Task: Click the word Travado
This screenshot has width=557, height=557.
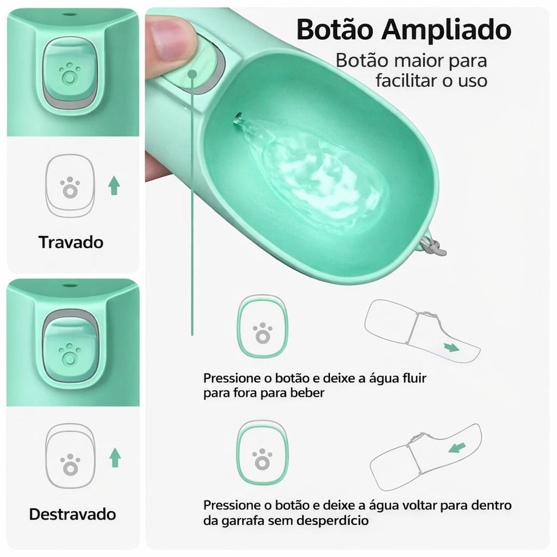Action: click(71, 242)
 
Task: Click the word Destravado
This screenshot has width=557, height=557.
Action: click(72, 514)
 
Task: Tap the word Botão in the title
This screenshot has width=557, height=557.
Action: click(336, 30)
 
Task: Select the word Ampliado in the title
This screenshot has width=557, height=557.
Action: click(447, 31)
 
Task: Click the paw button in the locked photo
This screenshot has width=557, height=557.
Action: click(70, 74)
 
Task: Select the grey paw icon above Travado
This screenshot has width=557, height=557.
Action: click(70, 187)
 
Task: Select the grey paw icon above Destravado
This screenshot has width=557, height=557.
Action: click(70, 464)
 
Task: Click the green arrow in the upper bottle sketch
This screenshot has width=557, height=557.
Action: click(450, 348)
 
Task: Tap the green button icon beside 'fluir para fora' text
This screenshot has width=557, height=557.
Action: click(263, 326)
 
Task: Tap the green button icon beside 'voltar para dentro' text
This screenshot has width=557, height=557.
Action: click(262, 453)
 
